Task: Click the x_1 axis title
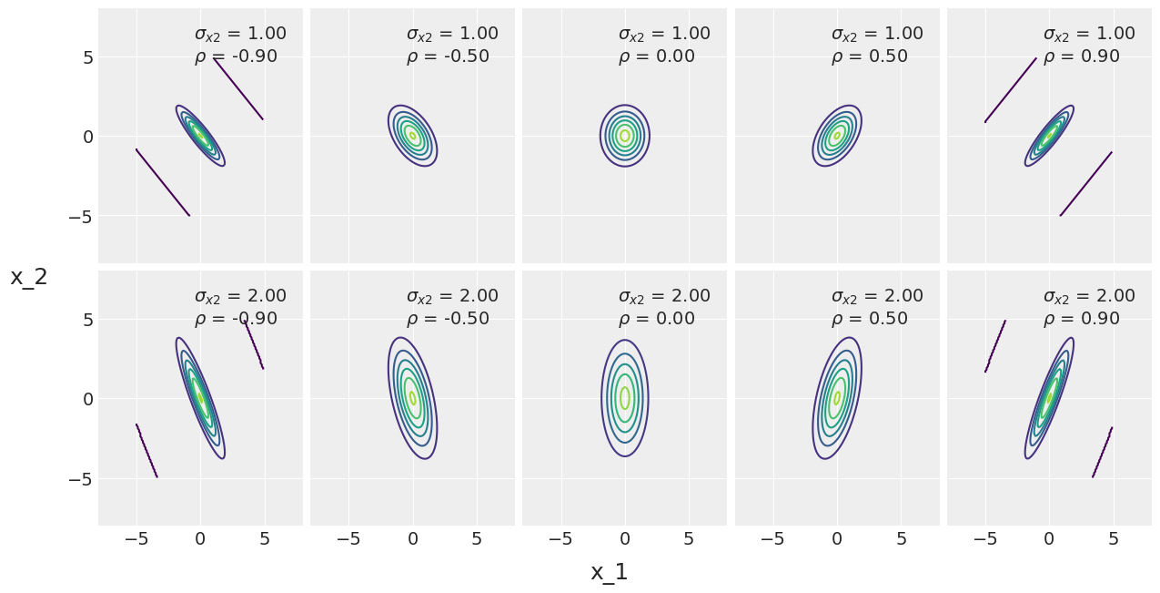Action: click(609, 572)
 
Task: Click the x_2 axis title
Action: click(29, 277)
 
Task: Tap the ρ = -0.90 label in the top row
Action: click(236, 56)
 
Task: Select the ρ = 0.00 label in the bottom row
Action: click(656, 319)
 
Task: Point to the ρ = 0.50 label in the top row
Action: click(869, 56)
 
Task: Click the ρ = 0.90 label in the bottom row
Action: click(1081, 319)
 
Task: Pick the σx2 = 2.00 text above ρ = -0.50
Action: click(452, 296)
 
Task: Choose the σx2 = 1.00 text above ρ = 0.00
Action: click(664, 34)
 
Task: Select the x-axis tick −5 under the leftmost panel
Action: click(136, 538)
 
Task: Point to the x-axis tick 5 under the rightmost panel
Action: click(1114, 538)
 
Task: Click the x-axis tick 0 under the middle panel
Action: click(625, 538)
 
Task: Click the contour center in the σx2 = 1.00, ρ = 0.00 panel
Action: click(625, 136)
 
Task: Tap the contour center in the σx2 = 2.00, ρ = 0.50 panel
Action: click(837, 398)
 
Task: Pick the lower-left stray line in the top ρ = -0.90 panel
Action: click(163, 182)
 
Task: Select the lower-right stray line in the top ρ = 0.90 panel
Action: click(1086, 184)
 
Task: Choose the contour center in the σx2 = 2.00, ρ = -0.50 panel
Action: click(413, 398)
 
